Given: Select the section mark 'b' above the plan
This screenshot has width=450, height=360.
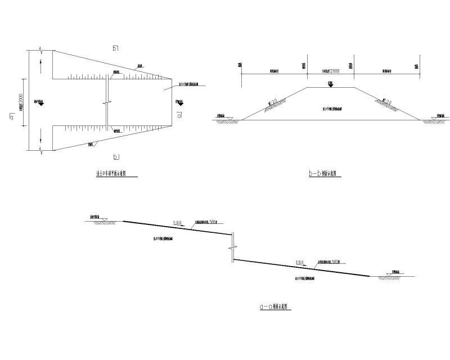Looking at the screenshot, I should (x=115, y=48).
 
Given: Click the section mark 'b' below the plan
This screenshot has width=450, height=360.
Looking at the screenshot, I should (x=115, y=156).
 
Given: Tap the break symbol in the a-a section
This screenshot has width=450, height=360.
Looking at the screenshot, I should (x=231, y=247).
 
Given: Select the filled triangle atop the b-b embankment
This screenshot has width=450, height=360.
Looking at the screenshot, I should (x=331, y=85).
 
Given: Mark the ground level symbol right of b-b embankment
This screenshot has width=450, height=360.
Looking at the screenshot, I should (x=436, y=119).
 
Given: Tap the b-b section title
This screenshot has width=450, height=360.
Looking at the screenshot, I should (x=326, y=174).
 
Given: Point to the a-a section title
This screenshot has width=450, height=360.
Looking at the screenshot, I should (x=274, y=307).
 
